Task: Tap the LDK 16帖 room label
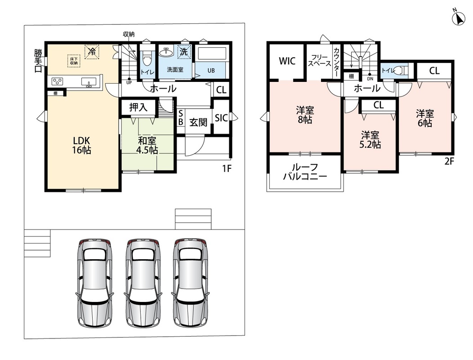pos(81,145)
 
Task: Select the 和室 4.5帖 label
pos(147,145)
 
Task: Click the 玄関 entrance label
pos(198,122)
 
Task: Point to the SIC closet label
pos(221,118)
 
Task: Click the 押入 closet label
pos(138,107)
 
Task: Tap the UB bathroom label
pos(211,71)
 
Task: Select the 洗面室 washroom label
pos(175,70)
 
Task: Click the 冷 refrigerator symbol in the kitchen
pos(92,52)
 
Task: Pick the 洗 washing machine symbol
pos(184,52)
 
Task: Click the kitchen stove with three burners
pos(57,81)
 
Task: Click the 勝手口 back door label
pos(38,61)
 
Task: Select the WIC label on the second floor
pos(287,61)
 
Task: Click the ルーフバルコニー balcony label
pos(305,172)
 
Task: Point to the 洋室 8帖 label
pos(305,115)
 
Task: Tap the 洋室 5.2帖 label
pos(370,140)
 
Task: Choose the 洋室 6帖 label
pos(425,118)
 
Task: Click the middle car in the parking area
pos(143,283)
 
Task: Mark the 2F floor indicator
pos(449,161)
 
